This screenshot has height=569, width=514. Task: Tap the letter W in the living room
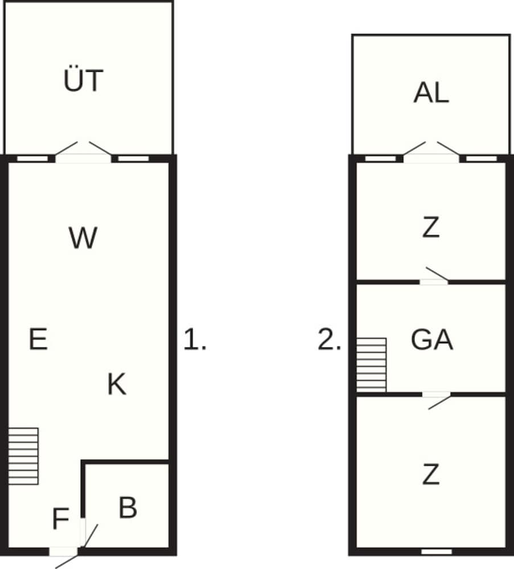[83, 238]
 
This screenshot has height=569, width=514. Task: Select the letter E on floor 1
[38, 339]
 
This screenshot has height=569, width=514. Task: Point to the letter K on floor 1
[117, 384]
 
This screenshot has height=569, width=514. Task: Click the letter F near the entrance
[60, 519]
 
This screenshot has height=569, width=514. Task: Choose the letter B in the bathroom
[128, 508]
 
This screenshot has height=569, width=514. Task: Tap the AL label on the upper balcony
[431, 93]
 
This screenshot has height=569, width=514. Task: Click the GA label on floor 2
[432, 340]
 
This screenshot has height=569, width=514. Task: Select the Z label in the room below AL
[431, 227]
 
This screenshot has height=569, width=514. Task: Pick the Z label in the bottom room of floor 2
[431, 474]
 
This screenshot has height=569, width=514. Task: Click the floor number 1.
[195, 339]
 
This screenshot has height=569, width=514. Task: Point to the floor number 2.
[329, 339]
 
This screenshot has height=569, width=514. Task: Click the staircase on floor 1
[23, 456]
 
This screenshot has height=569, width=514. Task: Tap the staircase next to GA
[371, 365]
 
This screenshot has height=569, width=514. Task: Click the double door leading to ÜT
[83, 152]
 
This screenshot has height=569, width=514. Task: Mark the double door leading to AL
[431, 152]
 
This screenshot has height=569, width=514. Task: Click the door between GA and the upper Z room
[434, 278]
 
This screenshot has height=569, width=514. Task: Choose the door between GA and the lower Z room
[437, 399]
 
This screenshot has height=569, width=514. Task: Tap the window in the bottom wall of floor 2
[437, 551]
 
